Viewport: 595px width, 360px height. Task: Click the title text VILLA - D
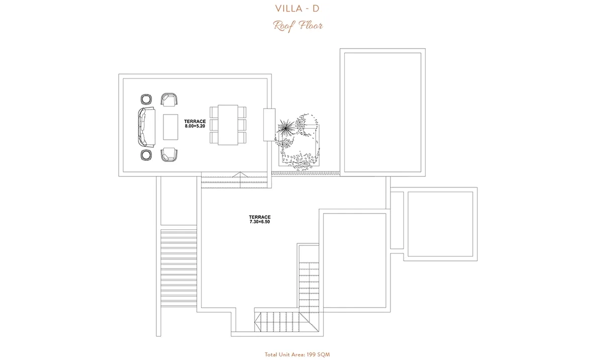(x=297, y=9)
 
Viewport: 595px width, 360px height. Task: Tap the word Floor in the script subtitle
(x=311, y=26)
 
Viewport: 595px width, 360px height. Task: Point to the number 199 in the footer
(x=311, y=354)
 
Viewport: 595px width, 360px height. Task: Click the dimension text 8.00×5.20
(x=195, y=126)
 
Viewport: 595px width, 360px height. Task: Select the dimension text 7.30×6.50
(x=260, y=222)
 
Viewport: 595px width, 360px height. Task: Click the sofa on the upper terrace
(x=146, y=127)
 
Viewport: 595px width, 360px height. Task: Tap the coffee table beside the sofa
(x=170, y=127)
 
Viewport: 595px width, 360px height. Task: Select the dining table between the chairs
(x=228, y=125)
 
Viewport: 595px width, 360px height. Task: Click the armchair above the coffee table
(x=169, y=100)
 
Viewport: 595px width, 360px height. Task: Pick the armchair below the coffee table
(x=169, y=155)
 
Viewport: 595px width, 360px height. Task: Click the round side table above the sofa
(x=146, y=100)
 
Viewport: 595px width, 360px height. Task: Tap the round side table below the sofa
(x=146, y=155)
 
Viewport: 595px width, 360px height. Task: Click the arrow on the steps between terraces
(x=240, y=175)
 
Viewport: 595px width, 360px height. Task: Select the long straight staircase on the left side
(x=179, y=268)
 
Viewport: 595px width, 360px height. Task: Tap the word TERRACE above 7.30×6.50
(x=260, y=217)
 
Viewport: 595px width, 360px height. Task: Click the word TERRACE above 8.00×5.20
(x=195, y=122)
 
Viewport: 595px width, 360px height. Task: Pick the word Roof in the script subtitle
(x=283, y=26)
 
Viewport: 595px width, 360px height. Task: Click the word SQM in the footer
(x=324, y=354)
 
